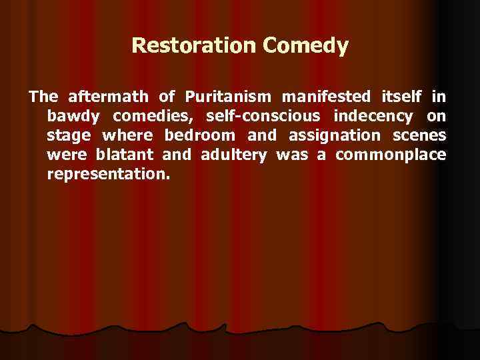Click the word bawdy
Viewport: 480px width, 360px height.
[x=73, y=117]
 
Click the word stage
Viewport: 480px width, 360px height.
[x=67, y=137]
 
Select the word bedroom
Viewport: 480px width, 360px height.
[x=199, y=136]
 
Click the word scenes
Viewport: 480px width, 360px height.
[x=421, y=136]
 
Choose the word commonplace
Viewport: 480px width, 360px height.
[x=390, y=156]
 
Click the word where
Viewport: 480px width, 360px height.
[x=127, y=136]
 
